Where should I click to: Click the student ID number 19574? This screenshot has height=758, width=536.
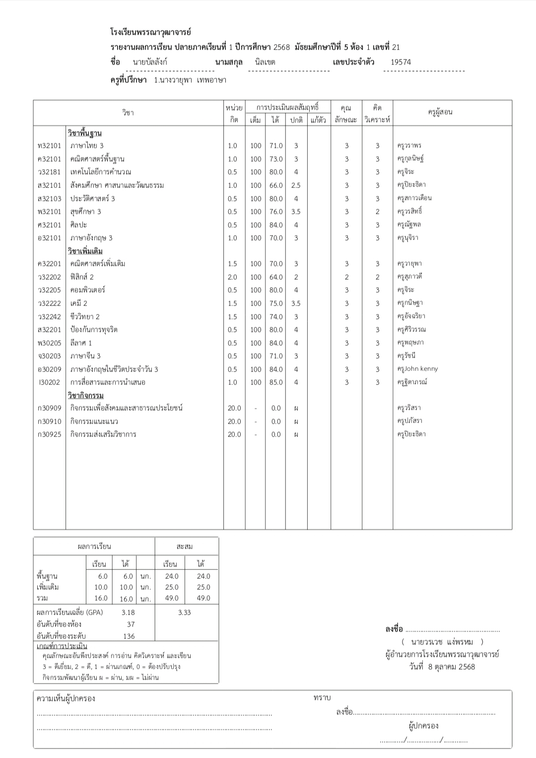pyautogui.click(x=401, y=62)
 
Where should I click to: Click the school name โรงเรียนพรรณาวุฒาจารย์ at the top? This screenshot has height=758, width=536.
pyautogui.click(x=150, y=32)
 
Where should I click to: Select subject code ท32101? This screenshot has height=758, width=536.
pyautogui.click(x=49, y=146)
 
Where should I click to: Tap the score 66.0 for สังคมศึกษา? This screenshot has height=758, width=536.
pyautogui.click(x=276, y=186)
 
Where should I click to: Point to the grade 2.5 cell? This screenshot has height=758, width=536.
pyautogui.click(x=296, y=186)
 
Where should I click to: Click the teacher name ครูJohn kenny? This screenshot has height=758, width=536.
pyautogui.click(x=417, y=369)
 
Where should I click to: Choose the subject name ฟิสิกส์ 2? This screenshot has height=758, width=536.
pyautogui.click(x=82, y=277)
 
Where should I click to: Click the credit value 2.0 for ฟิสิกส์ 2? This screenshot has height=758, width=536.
pyautogui.click(x=232, y=277)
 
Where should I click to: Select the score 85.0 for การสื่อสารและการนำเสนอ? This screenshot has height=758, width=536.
pyautogui.click(x=276, y=382)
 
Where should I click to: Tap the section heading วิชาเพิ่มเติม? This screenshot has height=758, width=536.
pyautogui.click(x=85, y=251)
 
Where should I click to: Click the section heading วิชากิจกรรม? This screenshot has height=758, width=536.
pyautogui.click(x=85, y=395)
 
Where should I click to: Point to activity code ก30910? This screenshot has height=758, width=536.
pyautogui.click(x=49, y=422)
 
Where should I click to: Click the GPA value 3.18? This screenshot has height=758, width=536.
pyautogui.click(x=128, y=613)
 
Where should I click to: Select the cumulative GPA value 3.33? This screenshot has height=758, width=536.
pyautogui.click(x=184, y=613)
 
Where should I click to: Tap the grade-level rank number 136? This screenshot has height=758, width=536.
pyautogui.click(x=129, y=636)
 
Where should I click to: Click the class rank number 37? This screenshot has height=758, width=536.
pyautogui.click(x=131, y=625)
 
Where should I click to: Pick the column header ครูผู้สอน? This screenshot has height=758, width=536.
pyautogui.click(x=440, y=112)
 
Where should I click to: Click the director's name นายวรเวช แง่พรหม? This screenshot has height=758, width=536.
pyautogui.click(x=443, y=642)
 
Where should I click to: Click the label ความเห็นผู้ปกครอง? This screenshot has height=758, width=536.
pyautogui.click(x=66, y=698)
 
